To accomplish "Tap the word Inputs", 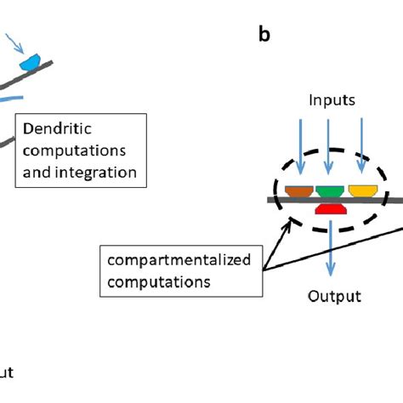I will coord(328,101).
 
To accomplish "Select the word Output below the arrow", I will coord(333,297).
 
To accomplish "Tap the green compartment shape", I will coord(330,190).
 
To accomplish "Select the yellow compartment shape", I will coord(363,190).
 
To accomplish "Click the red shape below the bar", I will coord(330,209).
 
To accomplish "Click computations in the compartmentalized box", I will coord(156,281).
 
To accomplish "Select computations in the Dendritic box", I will coord(75,152).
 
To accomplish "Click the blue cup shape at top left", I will coord(32,60).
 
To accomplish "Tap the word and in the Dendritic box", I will coord(37,173).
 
